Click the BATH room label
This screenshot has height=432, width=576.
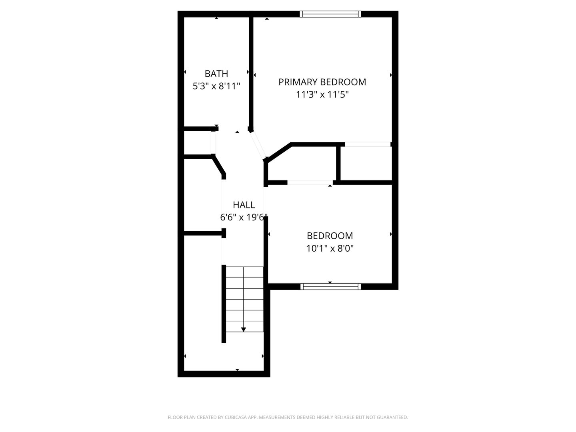tap(216, 74)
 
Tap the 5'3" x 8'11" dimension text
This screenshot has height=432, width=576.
tap(216, 86)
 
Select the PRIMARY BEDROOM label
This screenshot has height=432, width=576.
tap(322, 82)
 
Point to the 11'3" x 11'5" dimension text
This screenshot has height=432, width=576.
tap(322, 94)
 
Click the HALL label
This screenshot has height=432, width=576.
tap(244, 205)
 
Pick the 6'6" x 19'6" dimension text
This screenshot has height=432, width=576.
tap(244, 217)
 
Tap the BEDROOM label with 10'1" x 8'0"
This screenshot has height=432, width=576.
tap(330, 236)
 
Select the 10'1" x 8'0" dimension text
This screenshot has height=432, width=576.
tap(330, 248)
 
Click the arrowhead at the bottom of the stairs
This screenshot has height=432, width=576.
tap(243, 330)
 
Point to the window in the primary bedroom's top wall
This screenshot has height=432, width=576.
tap(330, 14)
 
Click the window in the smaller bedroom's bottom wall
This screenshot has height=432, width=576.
tap(330, 286)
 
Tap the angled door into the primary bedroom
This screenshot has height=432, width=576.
tap(258, 145)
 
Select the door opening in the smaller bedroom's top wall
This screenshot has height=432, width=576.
tap(310, 182)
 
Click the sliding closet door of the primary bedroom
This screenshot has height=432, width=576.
tap(368, 144)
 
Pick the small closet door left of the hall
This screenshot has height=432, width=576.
tap(213, 142)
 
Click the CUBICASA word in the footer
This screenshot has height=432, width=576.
tap(236, 417)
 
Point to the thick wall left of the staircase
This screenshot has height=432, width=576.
tap(224, 304)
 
